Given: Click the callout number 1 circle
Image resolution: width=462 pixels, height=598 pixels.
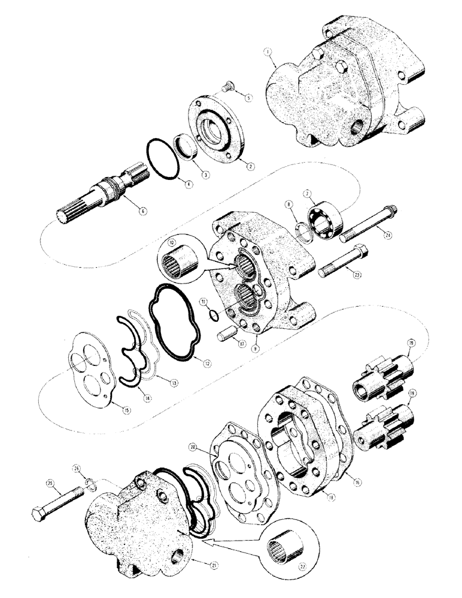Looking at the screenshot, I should coord(270,60).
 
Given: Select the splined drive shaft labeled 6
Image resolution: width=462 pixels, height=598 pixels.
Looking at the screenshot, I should coord(96,198).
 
